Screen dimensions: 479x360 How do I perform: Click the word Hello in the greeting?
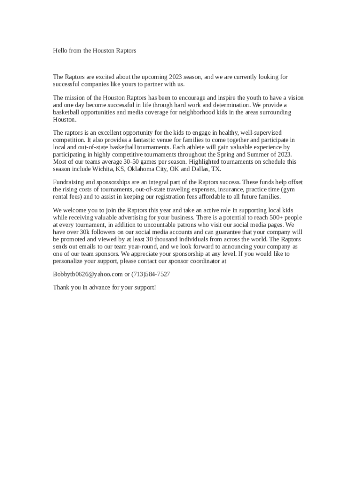(59, 51)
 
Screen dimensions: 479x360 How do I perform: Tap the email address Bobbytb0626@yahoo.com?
(87, 274)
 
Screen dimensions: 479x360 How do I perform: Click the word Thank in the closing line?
(61, 287)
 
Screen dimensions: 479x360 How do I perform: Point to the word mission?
(74, 98)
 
